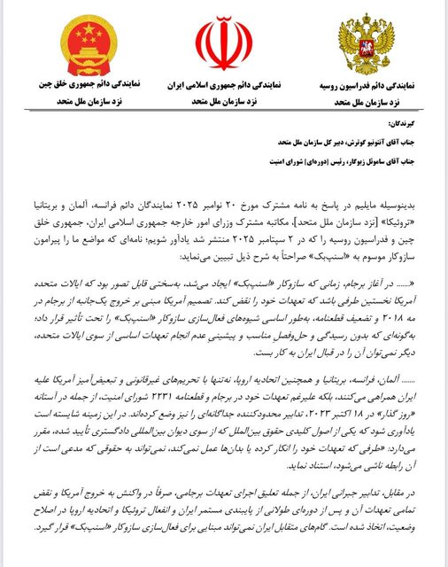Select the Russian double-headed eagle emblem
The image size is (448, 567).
364,49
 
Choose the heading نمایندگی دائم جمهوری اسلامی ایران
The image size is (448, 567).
225,89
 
